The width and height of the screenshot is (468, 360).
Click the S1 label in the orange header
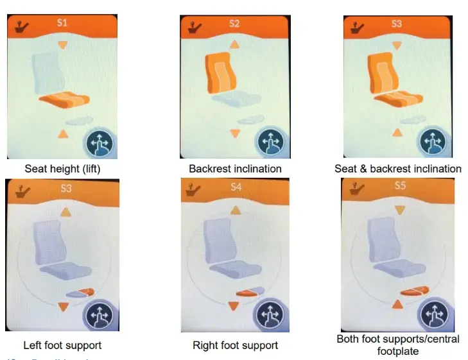pos(62,24)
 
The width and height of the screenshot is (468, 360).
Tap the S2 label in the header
pos(234,24)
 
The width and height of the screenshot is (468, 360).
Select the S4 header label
pos(236,188)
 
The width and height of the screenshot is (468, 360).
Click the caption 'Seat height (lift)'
pos(63,169)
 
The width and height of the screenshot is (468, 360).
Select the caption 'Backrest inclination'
pos(235,169)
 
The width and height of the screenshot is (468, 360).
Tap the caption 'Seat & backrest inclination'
pos(398,169)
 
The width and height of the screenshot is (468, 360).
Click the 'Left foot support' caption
pos(62,345)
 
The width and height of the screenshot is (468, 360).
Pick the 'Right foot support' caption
pos(236,345)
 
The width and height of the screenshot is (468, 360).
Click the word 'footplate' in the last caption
pos(398,351)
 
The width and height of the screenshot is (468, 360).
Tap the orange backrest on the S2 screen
pos(221,74)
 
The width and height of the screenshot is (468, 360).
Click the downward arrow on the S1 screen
pos(62,45)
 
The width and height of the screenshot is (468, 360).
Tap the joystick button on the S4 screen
pos(270,316)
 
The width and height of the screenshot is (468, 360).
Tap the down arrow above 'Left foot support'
pos(63,307)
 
